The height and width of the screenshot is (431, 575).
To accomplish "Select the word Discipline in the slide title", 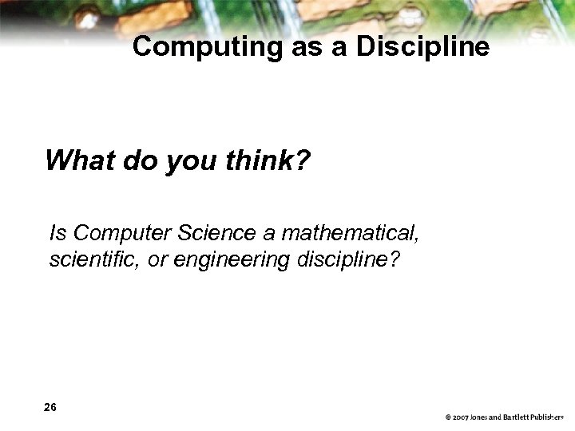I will (422, 47).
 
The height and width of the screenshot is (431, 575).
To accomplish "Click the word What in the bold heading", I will (81, 161).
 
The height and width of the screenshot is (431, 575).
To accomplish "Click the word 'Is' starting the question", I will (57, 233).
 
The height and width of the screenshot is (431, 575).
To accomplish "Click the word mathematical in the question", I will (350, 233).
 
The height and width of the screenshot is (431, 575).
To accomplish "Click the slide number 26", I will (50, 407).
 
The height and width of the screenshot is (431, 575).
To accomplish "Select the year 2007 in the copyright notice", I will (460, 417).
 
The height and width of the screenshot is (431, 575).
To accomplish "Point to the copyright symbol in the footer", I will (448, 417).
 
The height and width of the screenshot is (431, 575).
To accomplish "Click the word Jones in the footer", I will (479, 417).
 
